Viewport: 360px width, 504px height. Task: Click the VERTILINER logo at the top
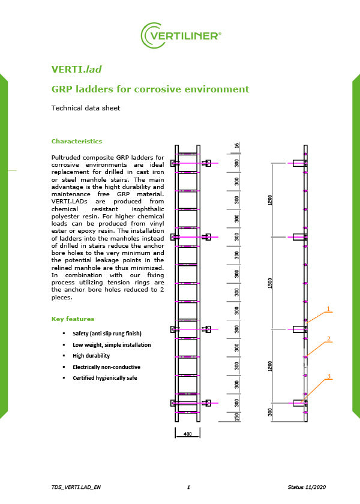[x=181, y=35]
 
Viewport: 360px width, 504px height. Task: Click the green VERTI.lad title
[x=76, y=70]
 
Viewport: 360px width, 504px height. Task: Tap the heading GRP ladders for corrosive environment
[x=150, y=89]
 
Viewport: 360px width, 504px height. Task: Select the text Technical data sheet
[x=86, y=109]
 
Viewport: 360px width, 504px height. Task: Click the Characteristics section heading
[x=77, y=142]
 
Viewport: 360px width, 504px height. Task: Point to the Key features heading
[x=73, y=319]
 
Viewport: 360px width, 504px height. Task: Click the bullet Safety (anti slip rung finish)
[x=107, y=333]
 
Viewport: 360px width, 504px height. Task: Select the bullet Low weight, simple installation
[x=112, y=345]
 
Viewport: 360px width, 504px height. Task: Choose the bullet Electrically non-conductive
[x=106, y=367]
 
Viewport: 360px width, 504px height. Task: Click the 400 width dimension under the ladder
[x=187, y=433]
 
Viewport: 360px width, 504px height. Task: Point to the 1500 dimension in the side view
[x=271, y=283]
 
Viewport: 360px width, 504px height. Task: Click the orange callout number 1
[x=328, y=309]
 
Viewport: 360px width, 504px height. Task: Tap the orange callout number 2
[x=328, y=339]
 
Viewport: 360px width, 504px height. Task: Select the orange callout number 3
[x=328, y=376]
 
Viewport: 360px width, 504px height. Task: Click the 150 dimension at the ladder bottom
[x=238, y=417]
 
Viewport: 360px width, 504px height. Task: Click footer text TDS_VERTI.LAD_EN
[x=76, y=487]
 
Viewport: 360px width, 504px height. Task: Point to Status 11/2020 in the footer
[x=307, y=487]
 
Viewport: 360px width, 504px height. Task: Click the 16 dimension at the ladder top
[x=237, y=146]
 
